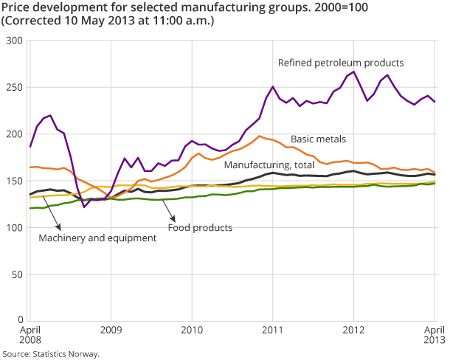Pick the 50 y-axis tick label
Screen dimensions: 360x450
[x=17, y=274]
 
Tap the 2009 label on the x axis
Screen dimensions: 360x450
[x=110, y=330]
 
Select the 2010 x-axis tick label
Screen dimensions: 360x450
[x=192, y=330]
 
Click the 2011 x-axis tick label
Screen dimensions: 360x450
[x=274, y=330]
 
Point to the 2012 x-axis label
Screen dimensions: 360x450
[x=355, y=330]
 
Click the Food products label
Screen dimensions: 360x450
[x=200, y=227]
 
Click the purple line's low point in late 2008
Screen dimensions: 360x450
[x=84, y=207]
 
